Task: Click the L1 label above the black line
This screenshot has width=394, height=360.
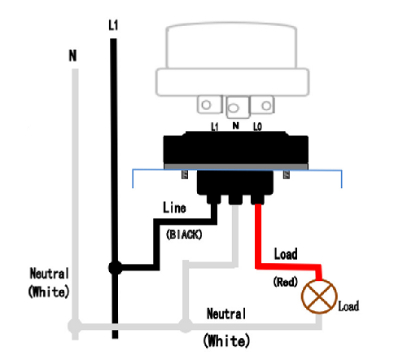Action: [x=113, y=25]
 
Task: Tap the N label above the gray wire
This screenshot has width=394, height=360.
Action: [x=72, y=55]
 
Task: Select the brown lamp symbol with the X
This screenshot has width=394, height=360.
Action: [x=319, y=296]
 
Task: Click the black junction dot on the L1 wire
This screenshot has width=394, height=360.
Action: [x=116, y=268]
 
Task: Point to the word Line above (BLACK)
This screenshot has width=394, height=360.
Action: [x=174, y=208]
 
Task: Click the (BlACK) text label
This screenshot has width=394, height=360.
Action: [x=184, y=235]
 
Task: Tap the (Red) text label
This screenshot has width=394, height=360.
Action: [x=286, y=282]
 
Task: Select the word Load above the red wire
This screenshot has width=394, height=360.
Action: [x=286, y=254]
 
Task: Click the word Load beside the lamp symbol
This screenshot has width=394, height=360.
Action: [x=348, y=306]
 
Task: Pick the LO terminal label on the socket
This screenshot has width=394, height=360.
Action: [x=257, y=126]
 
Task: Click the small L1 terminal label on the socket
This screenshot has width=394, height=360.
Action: [x=215, y=126]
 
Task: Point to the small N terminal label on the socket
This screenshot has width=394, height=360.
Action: [x=236, y=125]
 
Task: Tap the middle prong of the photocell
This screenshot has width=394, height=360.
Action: [x=238, y=108]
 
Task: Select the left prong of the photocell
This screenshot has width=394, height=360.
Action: [x=209, y=104]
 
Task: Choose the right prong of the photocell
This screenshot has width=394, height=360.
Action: [x=262, y=104]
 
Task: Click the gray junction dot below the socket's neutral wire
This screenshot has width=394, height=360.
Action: [x=186, y=325]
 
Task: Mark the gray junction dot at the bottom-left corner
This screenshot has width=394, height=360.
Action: [x=75, y=326]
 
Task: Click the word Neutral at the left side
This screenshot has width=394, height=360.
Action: [x=49, y=274]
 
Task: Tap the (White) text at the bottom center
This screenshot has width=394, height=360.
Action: [x=226, y=340]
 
